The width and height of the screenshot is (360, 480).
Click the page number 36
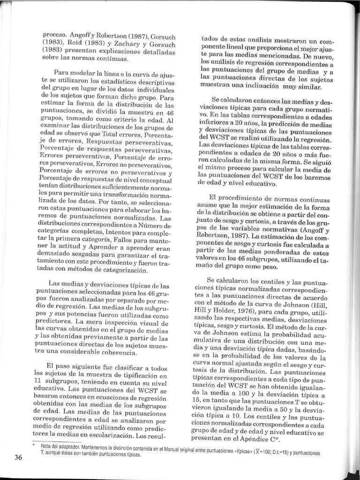(x=18, y=457)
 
